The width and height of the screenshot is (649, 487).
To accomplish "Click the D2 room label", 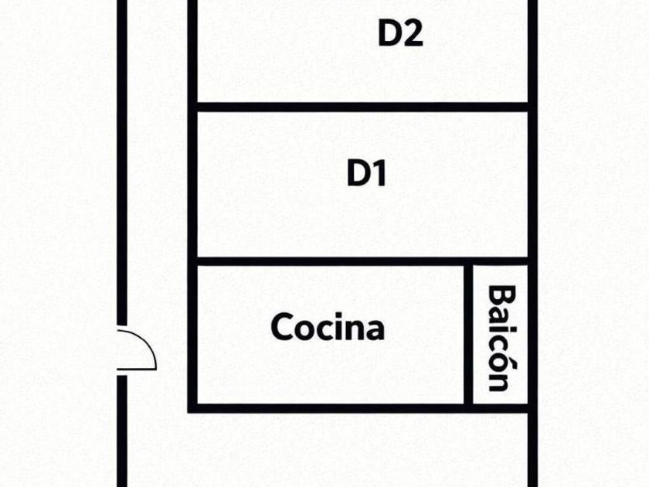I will (x=400, y=33).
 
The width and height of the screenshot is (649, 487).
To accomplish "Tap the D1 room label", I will (x=366, y=174).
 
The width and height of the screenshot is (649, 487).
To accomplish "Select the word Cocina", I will (x=328, y=327).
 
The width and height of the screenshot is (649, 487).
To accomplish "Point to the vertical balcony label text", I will (x=501, y=338).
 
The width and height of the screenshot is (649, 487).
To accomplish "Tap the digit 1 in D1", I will (x=379, y=174).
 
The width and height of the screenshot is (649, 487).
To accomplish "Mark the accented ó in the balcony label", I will (x=501, y=360).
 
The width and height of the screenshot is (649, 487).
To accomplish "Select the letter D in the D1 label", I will (x=357, y=174).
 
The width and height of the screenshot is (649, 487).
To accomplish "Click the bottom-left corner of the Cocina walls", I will (x=193, y=407).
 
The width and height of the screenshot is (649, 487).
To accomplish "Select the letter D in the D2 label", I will (x=389, y=33).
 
